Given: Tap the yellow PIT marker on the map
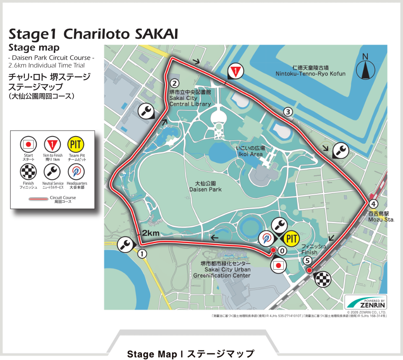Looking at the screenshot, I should click(x=290, y=239).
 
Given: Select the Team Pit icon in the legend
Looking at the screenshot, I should click(x=76, y=145).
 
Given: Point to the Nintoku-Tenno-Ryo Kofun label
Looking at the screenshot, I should click(x=310, y=71).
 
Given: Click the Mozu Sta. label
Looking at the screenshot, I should click(x=381, y=217).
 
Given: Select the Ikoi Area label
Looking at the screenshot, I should click(x=250, y=151).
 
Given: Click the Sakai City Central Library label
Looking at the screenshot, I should click(x=190, y=97).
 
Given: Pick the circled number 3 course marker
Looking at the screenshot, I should click(x=288, y=112).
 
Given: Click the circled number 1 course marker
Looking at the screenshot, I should click(x=142, y=253).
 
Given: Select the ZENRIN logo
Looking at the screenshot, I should click(x=365, y=302).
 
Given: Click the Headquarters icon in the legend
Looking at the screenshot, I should click(x=76, y=171).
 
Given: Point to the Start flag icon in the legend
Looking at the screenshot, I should click(x=29, y=145).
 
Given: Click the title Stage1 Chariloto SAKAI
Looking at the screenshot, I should click(x=93, y=34).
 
